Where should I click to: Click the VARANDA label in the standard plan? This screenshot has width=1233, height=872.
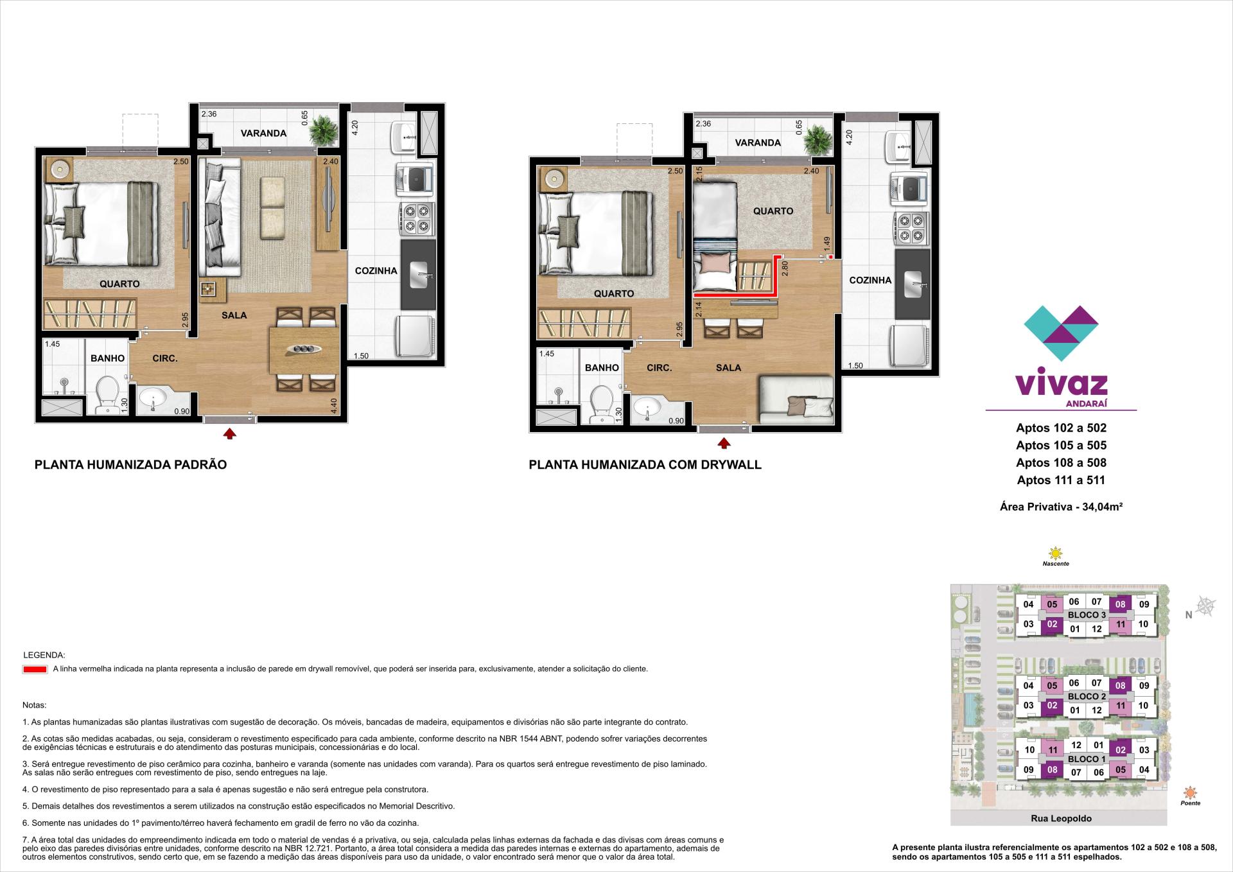point(263,134)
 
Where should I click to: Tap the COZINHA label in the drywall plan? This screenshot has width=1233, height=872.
point(870,281)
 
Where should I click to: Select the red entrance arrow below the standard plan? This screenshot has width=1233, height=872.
point(229,434)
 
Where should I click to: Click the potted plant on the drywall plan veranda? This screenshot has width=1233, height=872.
point(818,140)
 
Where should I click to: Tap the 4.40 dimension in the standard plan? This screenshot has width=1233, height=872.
point(334,406)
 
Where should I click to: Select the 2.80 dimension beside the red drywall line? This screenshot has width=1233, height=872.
point(784,268)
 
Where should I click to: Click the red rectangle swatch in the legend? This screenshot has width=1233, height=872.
point(35,669)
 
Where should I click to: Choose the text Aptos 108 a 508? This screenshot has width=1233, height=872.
point(1061,463)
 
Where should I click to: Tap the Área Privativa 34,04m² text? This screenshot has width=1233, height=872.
point(1061,507)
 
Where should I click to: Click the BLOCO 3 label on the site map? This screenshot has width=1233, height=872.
point(1087,615)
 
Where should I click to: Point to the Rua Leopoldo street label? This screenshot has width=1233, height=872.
point(1061,819)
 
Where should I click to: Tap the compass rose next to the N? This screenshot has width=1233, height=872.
point(1206,606)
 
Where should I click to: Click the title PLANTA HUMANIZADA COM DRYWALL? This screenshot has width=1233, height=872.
point(645,465)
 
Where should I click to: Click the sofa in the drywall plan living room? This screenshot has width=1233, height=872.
point(796,401)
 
